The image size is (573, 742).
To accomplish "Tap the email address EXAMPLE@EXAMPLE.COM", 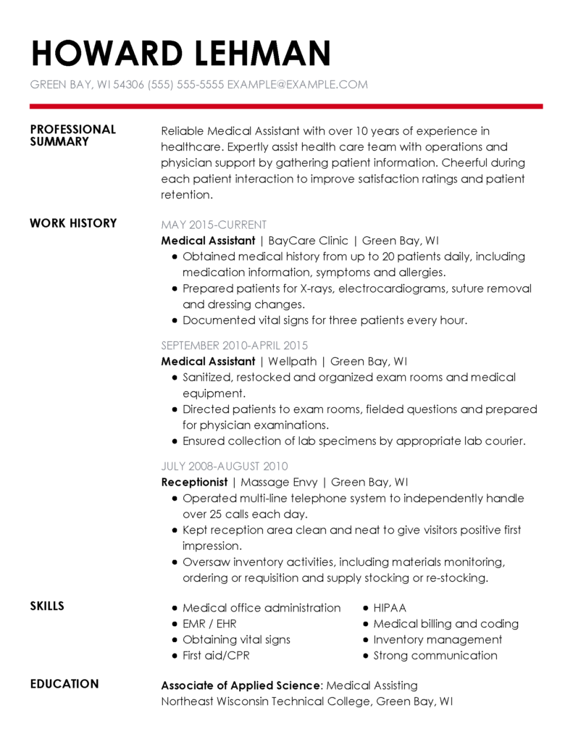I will point(297,85).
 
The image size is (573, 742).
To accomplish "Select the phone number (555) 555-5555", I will point(185,85).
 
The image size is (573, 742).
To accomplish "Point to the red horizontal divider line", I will point(286,107).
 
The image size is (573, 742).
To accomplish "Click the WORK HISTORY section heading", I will point(73,223).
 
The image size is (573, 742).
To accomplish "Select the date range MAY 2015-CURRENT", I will point(214,225).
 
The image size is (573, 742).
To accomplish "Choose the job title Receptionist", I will point(194,482).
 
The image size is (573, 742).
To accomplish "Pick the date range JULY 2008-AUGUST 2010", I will point(225,466).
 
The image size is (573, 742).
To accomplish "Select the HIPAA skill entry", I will point(390,608).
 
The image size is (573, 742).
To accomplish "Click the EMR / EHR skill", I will point(209,624).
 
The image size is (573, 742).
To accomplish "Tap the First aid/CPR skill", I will point(215,656).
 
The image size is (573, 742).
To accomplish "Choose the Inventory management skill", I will point(438,640).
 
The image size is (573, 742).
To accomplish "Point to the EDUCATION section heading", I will point(64,684).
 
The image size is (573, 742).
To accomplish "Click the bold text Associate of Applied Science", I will point(241,685).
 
